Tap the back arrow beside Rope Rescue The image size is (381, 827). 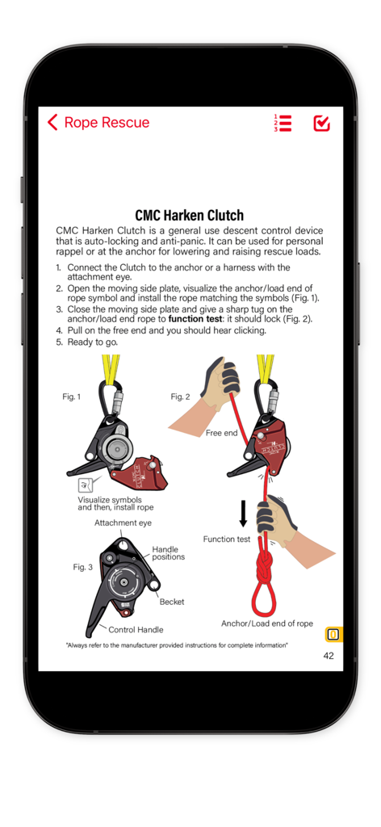point(52,123)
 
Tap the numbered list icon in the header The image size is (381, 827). point(283,123)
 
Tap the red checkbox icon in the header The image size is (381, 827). point(321,123)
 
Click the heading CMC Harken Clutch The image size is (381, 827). point(190,215)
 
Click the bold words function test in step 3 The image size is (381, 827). point(195,319)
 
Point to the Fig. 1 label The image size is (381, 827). point(72,397)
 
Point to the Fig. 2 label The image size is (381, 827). point(180,397)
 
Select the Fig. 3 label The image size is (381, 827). point(83,567)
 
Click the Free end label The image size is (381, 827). point(221,433)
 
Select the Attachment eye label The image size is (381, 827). point(123,523)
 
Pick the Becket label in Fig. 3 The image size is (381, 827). point(172,602)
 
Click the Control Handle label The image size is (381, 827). point(136,629)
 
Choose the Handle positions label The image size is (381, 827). point(168,553)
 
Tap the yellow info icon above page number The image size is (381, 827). point(333,634)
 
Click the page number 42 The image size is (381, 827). point(329,656)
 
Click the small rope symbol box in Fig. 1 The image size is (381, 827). point(85,485)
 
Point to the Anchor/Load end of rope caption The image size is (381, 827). point(267,623)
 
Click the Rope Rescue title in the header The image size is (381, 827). point(107,123)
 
